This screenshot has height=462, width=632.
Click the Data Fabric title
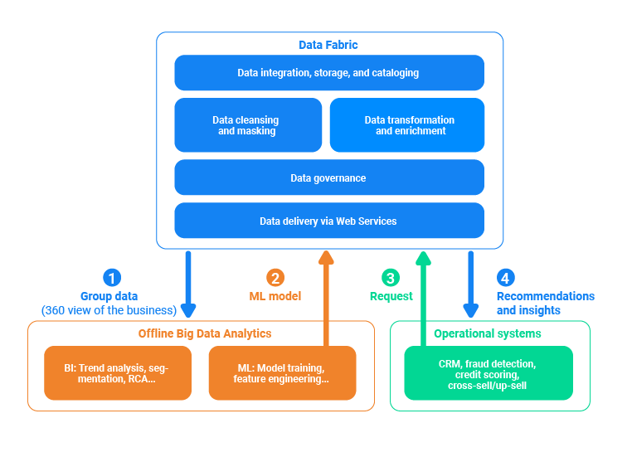(x=328, y=45)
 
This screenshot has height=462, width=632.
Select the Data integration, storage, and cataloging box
(x=328, y=73)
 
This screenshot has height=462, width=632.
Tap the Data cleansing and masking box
(x=247, y=125)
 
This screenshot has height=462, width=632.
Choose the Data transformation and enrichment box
(x=407, y=125)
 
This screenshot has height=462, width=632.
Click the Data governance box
(x=328, y=178)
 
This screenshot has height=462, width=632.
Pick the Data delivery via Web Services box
(x=328, y=221)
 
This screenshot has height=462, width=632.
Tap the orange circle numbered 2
(x=275, y=278)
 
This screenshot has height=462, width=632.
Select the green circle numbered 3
(x=390, y=278)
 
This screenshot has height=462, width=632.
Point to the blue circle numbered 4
(x=504, y=278)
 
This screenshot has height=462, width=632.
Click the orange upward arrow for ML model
(x=326, y=299)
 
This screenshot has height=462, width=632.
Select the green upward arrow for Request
(x=423, y=299)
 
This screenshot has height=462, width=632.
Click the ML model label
(x=275, y=296)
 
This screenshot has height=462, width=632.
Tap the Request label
(x=391, y=296)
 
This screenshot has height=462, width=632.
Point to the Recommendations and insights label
(x=544, y=303)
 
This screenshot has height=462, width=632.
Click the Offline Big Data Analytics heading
(x=204, y=333)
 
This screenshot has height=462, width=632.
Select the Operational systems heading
(x=488, y=333)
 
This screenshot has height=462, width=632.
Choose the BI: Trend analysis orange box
(x=117, y=373)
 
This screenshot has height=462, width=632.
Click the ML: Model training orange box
(x=282, y=373)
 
